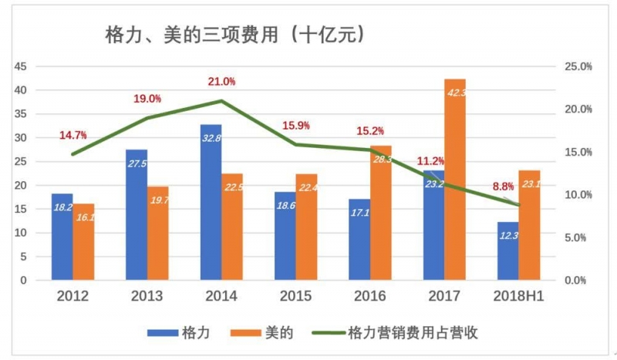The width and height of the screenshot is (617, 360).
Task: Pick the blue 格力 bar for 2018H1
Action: [507, 251]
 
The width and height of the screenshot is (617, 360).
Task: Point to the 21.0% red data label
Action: [221, 82]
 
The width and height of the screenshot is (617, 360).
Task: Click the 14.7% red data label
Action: [72, 136]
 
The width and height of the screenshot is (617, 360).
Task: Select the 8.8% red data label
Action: [503, 186]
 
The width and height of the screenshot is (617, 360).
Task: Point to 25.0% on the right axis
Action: [578, 66]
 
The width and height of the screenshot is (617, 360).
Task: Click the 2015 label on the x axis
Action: [295, 296]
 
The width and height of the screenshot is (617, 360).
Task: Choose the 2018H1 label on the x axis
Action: [518, 296]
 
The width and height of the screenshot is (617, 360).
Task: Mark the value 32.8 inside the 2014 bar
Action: [211, 140]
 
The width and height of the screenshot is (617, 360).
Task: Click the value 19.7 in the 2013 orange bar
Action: [159, 200]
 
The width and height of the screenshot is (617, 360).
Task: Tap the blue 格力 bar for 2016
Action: [359, 239]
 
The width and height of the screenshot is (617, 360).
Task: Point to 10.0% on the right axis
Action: [578, 194]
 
